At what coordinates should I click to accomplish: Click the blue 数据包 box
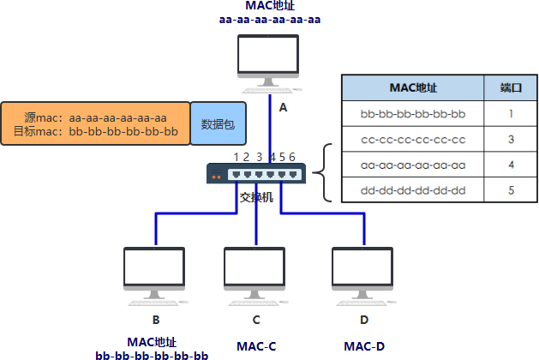tap(219, 123)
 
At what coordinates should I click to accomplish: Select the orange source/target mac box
tap(96, 123)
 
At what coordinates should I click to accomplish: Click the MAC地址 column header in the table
tap(413, 87)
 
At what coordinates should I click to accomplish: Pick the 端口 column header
tap(511, 87)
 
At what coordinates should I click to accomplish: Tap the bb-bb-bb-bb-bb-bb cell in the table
tap(413, 113)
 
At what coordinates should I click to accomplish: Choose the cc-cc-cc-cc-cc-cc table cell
tap(413, 139)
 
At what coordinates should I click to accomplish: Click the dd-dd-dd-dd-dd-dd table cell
tap(413, 190)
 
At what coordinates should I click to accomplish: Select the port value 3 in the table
tap(511, 139)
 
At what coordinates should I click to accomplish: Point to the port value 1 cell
tap(511, 113)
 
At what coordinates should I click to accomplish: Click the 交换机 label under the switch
tap(256, 197)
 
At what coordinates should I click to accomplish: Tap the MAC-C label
tap(256, 346)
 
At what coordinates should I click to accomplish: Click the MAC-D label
tap(364, 346)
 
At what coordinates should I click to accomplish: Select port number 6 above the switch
tap(292, 157)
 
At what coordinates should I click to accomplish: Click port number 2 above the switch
tap(246, 157)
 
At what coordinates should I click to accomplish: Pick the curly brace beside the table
tap(322, 172)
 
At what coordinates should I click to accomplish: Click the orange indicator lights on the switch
tap(217, 177)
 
